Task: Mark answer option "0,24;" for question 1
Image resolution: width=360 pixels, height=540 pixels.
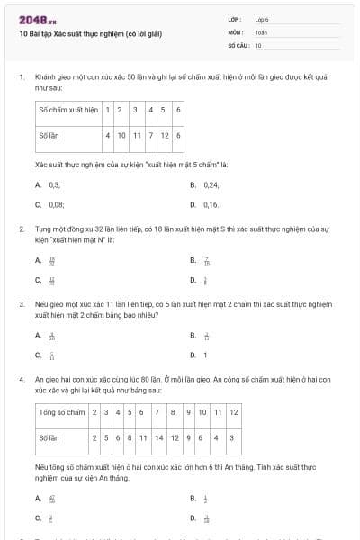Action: click(x=211, y=184)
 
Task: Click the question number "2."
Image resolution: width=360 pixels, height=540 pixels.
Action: click(x=22, y=229)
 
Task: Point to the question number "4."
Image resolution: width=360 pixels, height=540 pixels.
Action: click(x=22, y=380)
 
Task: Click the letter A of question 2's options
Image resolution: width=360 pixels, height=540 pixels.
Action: click(x=38, y=260)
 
